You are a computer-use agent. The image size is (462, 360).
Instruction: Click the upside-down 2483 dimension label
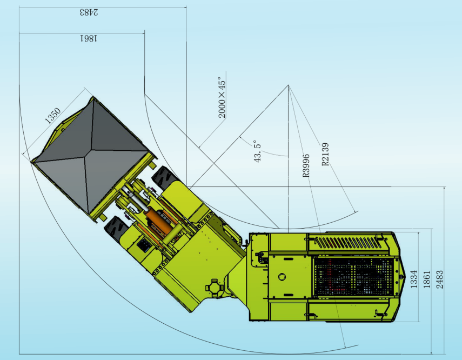click(89, 12)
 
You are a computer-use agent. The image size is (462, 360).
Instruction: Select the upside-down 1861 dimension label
click(89, 38)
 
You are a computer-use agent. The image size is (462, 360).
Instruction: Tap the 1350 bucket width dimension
click(53, 115)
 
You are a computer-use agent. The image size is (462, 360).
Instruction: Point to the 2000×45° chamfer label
click(222, 97)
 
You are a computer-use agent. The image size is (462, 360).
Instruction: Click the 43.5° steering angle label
click(257, 151)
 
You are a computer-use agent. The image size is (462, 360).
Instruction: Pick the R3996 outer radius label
click(306, 165)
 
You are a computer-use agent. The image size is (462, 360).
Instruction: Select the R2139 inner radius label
click(325, 154)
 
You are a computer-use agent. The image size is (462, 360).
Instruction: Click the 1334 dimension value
click(414, 279)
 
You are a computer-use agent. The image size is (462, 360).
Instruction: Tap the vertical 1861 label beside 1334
click(427, 279)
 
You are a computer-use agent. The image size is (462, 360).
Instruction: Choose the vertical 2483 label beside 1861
click(439, 279)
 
